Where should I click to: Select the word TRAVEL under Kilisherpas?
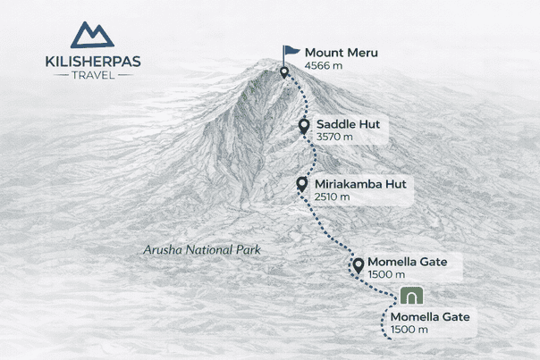point(92,74)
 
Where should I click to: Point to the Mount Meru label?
point(341,53)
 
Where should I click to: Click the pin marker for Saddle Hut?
point(304,126)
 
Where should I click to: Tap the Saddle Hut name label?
point(347,124)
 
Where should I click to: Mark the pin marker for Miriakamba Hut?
point(302,184)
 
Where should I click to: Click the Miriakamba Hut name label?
point(360,184)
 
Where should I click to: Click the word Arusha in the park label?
point(165,250)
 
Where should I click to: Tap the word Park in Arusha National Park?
point(245,250)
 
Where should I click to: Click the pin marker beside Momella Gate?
point(358,264)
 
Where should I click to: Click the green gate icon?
point(412,296)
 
